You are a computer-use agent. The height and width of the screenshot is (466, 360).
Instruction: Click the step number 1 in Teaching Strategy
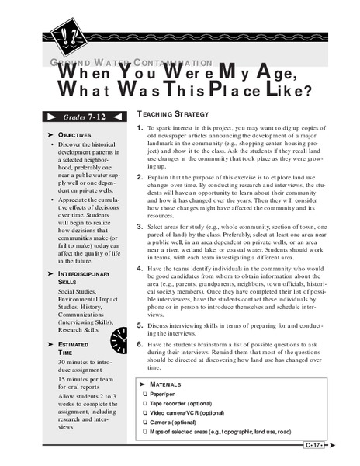[139, 127]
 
